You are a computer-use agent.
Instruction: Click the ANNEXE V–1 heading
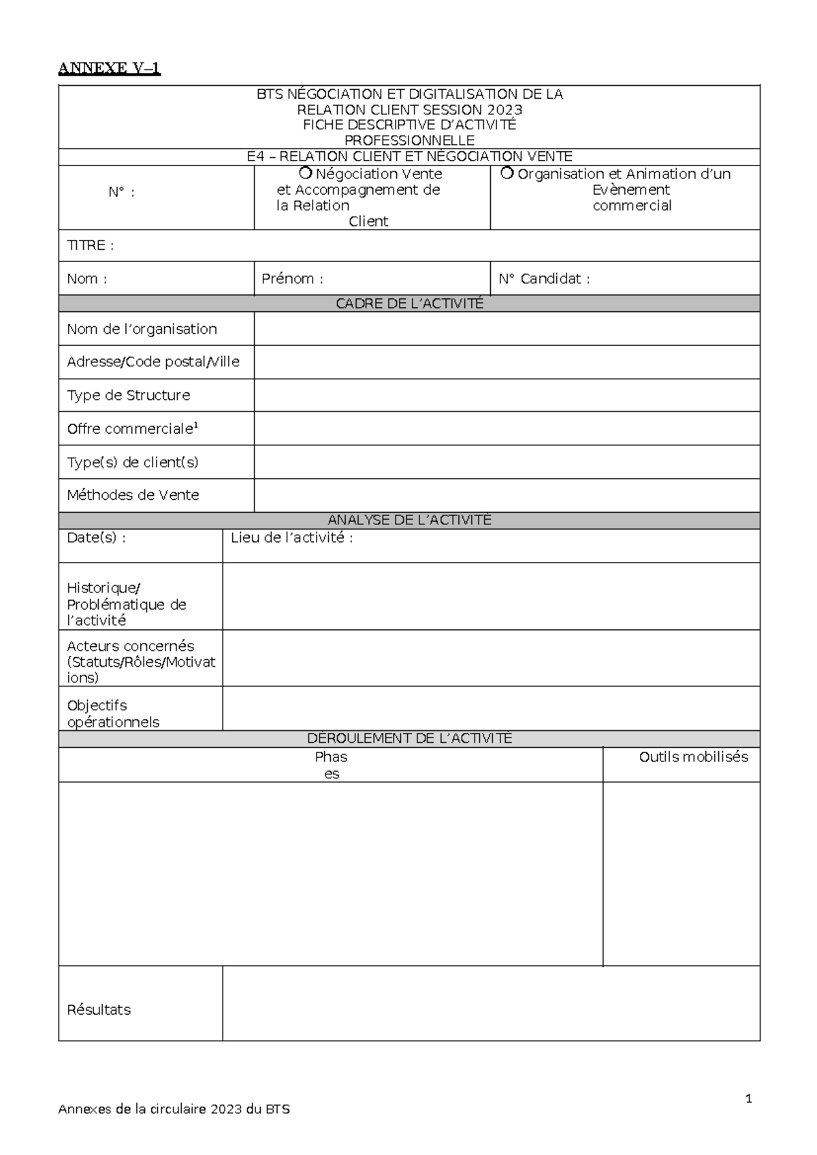109,68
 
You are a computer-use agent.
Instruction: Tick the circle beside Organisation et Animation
507,173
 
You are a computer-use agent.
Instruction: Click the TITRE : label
90,245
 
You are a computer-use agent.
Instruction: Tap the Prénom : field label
292,279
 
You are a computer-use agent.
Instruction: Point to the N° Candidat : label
544,279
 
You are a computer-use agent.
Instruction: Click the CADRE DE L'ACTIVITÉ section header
409,304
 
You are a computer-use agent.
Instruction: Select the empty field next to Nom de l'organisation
507,329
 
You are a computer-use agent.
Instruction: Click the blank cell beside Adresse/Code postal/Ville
507,362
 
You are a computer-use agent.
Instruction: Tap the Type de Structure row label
128,395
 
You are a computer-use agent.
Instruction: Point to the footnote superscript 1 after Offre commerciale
196,426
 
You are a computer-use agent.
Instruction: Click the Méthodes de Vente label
133,495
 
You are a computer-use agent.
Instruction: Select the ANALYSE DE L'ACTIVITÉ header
409,520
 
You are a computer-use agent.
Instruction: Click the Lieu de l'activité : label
291,537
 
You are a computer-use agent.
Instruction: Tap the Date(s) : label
96,537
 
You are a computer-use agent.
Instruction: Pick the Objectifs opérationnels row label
113,714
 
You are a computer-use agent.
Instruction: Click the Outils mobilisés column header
693,757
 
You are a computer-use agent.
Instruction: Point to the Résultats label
99,1009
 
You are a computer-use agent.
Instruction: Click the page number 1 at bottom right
749,1098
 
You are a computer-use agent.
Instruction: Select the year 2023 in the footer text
226,1109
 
